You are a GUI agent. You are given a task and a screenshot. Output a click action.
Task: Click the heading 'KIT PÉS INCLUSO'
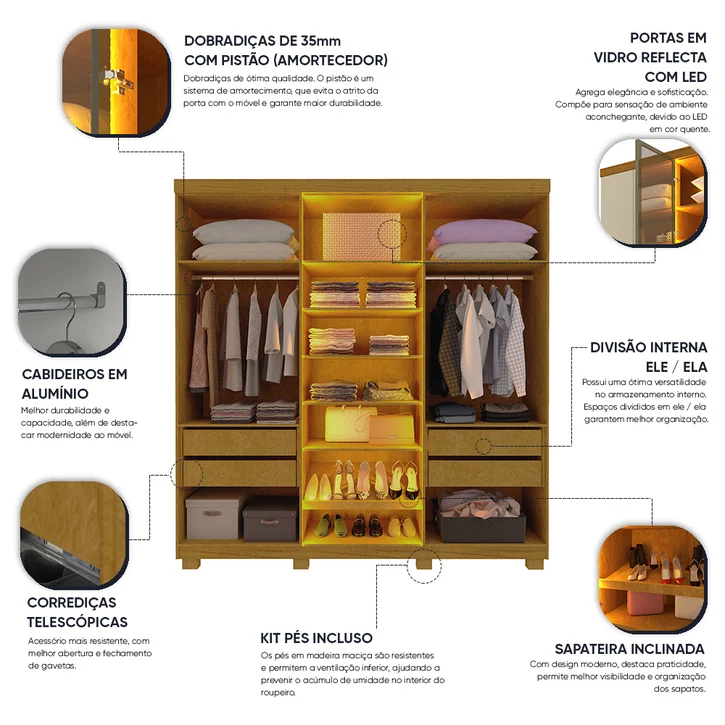pos(316,638)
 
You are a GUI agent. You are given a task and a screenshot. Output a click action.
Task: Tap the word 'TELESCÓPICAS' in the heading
pos(77,622)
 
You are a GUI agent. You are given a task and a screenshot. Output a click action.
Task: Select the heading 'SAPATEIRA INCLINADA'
pos(630,649)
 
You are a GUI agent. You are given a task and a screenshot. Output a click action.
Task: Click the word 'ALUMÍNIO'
pos(55,393)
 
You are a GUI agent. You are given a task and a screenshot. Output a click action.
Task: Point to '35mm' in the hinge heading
pos(321,41)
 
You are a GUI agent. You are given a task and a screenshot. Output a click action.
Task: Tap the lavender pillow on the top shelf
pos(484,231)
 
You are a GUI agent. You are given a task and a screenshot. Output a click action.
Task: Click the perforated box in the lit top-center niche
pos(362,236)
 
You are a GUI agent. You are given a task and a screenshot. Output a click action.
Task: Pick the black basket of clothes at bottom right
pos(481,518)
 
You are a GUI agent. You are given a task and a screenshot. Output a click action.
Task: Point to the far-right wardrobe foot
pos(536,564)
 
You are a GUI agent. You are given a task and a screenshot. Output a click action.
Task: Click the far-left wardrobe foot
pos(191,564)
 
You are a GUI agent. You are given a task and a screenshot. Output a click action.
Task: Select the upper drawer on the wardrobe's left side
pos(240,442)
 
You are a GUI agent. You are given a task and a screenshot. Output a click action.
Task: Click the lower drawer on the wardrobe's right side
pos(485,473)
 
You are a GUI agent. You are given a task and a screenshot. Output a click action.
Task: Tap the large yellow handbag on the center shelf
pos(347,423)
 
